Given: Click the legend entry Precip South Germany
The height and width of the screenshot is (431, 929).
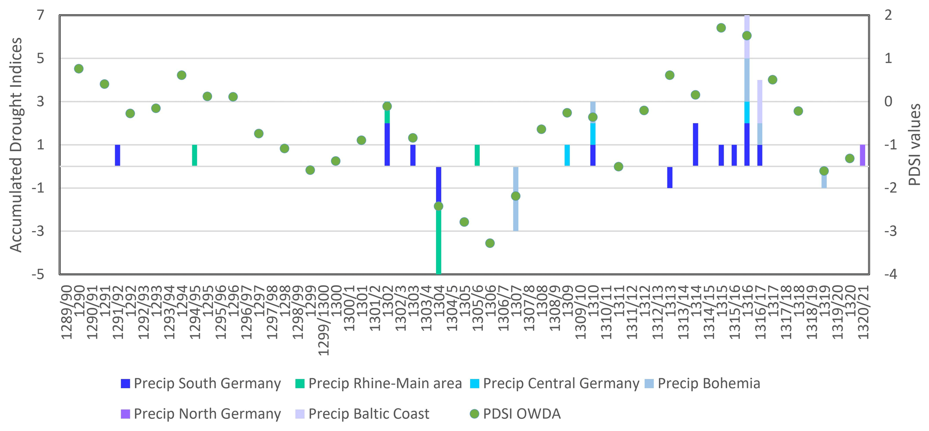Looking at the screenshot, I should click(201, 384).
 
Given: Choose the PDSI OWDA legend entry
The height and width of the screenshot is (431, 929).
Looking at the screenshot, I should click(515, 414).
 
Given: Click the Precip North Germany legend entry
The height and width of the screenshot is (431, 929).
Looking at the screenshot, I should click(201, 414).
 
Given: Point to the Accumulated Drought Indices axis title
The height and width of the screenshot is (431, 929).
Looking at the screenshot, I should click(16, 144).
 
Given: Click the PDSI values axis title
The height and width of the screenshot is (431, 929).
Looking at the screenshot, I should click(915, 144).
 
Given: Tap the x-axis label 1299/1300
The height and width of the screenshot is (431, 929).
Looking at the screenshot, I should click(323, 319).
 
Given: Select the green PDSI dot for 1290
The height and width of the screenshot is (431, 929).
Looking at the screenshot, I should click(79, 69).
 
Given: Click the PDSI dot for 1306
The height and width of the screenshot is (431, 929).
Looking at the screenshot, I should click(490, 243).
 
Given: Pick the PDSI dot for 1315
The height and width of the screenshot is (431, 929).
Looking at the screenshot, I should click(721, 28).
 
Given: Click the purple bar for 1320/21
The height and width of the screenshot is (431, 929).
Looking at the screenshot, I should click(862, 155).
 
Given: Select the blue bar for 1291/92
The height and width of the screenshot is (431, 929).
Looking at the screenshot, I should click(117, 155).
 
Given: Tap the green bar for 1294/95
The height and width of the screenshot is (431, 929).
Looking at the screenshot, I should click(195, 155).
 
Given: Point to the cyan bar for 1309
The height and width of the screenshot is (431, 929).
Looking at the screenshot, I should click(567, 155).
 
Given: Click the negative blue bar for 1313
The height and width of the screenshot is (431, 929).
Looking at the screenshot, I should click(670, 177).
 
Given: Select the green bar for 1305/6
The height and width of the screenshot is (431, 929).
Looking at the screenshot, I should click(477, 155).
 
